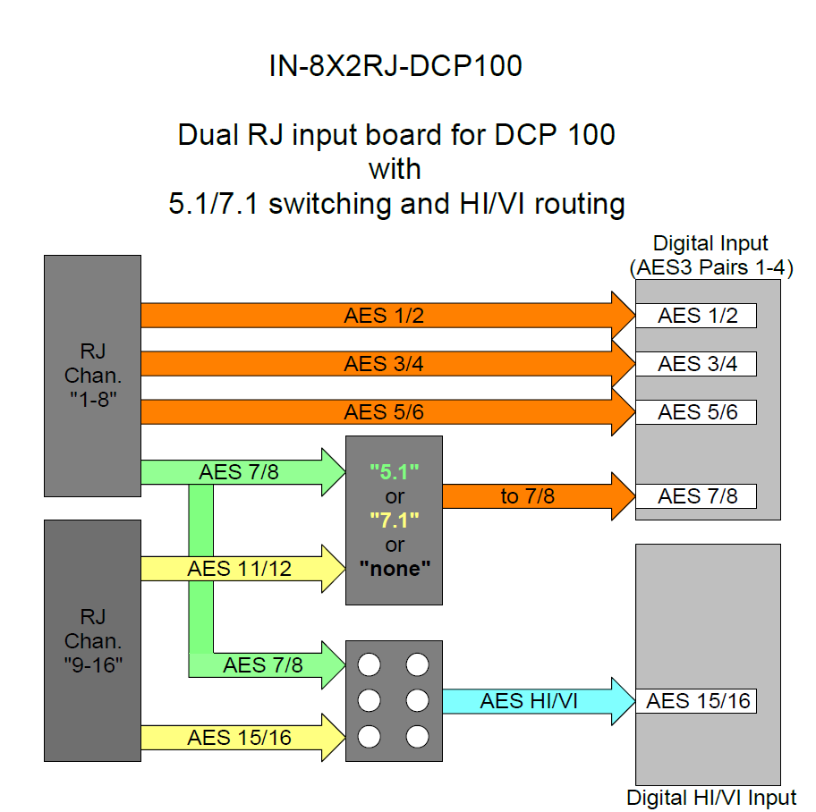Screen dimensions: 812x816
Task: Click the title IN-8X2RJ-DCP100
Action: (395, 66)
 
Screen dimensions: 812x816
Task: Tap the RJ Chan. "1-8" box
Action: (92, 376)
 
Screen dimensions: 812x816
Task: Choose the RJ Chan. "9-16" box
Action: (92, 640)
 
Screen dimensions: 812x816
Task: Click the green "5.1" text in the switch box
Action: (395, 471)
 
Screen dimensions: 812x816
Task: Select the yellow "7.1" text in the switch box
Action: (395, 520)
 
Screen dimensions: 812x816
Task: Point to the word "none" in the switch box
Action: (395, 569)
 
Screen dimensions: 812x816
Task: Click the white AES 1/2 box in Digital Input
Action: (697, 316)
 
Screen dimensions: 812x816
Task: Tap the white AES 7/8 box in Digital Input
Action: (697, 496)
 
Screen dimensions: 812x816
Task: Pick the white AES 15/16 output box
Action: (697, 701)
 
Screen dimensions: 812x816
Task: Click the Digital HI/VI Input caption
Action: (711, 799)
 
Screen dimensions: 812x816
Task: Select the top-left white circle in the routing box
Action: (370, 665)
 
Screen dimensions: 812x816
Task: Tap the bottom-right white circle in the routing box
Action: (418, 737)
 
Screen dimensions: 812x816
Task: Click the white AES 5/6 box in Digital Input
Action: (697, 412)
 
